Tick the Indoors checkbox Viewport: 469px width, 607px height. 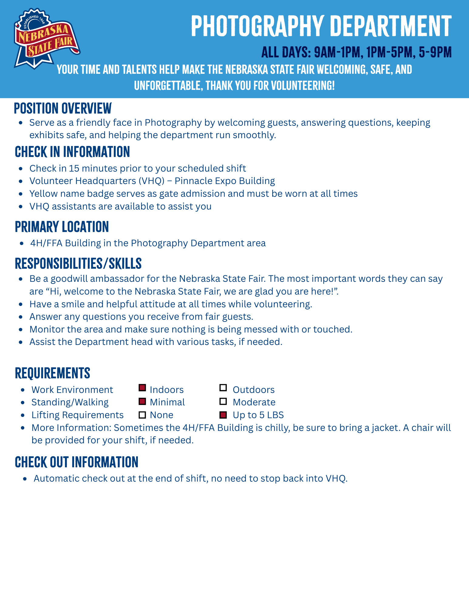pyautogui.click(x=142, y=388)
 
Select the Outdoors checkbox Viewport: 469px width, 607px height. pyautogui.click(x=223, y=388)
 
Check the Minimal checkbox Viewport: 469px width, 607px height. pyautogui.click(x=142, y=401)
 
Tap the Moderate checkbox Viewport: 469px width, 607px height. pyautogui.click(x=223, y=402)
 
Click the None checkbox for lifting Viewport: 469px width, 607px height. pyautogui.click(x=142, y=415)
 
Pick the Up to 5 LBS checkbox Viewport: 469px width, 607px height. pyautogui.click(x=223, y=415)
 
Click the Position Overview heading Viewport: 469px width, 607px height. pyautogui.click(x=63, y=108)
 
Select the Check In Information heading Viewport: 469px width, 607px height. pyautogui.click(x=72, y=152)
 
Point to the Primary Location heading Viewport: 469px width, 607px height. pyautogui.click(x=62, y=227)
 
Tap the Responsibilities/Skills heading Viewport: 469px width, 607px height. pyautogui.click(x=78, y=264)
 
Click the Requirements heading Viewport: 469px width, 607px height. pyautogui.click(x=53, y=373)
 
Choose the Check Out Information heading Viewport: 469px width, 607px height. pyautogui.click(x=76, y=462)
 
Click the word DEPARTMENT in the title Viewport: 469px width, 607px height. pyautogui.click(x=391, y=26)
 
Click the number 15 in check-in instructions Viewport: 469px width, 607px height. pyautogui.click(x=74, y=168)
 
